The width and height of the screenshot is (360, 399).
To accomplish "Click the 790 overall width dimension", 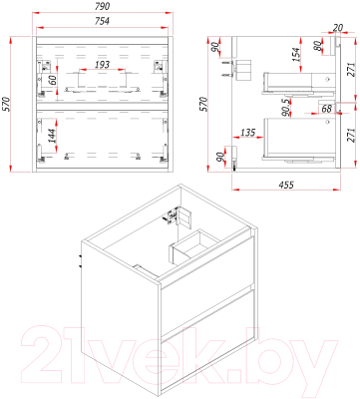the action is (103, 6).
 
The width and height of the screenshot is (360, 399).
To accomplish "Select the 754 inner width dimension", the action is (102, 21).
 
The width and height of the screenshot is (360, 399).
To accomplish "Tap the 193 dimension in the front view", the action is (102, 64).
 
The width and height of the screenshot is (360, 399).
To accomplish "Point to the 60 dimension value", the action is (51, 80).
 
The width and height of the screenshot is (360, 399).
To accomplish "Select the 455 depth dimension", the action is (285, 185).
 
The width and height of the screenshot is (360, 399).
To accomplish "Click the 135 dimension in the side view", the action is (247, 133).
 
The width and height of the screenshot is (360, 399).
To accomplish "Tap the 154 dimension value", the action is (296, 55).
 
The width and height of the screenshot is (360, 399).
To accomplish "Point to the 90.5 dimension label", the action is (286, 108).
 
